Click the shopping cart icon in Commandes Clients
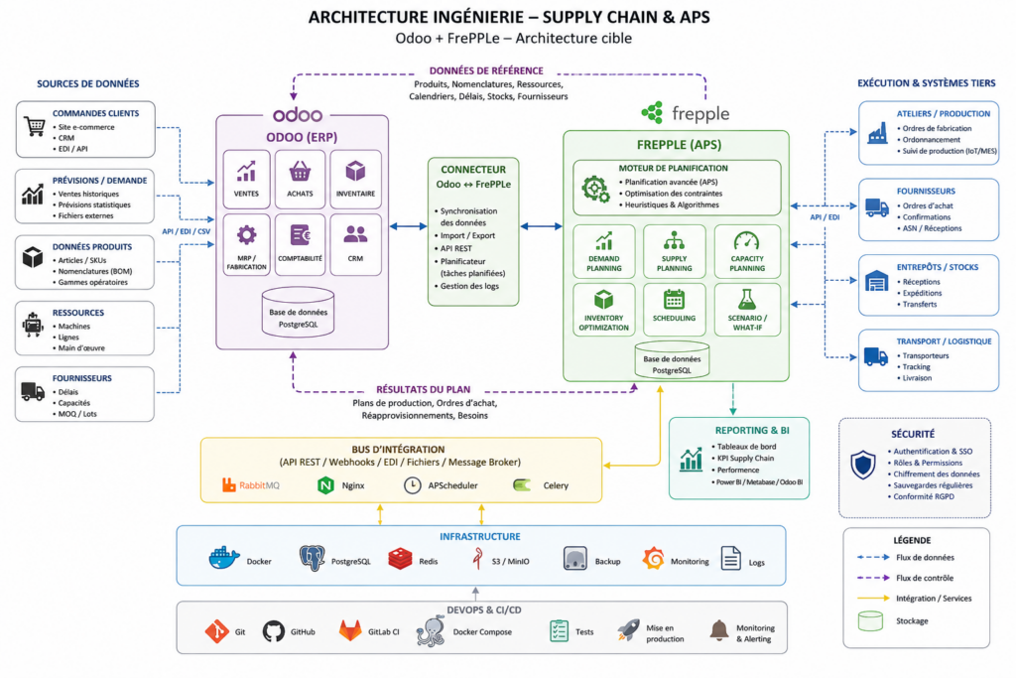click(x=35, y=126)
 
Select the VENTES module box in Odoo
click(x=246, y=179)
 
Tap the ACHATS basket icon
click(x=300, y=171)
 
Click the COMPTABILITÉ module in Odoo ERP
click(x=300, y=245)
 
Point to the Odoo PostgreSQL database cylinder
click(x=298, y=313)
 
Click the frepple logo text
click(x=700, y=115)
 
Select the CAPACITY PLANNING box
click(x=747, y=251)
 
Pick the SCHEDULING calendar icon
click(x=674, y=300)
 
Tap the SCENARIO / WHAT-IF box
click(x=747, y=309)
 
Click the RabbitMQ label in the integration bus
click(x=259, y=485)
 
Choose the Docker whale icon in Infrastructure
click(x=224, y=558)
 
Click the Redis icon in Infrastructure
click(x=400, y=559)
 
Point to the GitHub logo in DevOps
click(x=274, y=631)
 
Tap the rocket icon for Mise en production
click(x=628, y=629)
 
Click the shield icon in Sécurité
click(x=863, y=465)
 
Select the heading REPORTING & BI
click(x=752, y=431)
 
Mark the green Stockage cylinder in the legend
click(x=870, y=621)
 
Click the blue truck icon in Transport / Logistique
click(x=875, y=356)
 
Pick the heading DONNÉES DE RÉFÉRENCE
click(x=486, y=70)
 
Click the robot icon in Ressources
click(x=33, y=325)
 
